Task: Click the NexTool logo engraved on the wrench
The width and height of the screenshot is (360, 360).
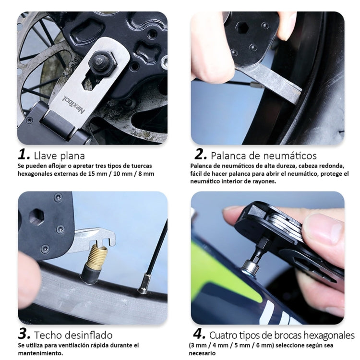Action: click(72, 104)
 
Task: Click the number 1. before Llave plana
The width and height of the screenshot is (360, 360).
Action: click(24, 155)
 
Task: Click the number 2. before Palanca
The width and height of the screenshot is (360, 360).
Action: click(201, 155)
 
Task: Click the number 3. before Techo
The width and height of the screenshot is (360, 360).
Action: click(24, 335)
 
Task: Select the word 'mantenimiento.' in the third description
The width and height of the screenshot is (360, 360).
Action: click(40, 353)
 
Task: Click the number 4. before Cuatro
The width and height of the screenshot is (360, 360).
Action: click(200, 335)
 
